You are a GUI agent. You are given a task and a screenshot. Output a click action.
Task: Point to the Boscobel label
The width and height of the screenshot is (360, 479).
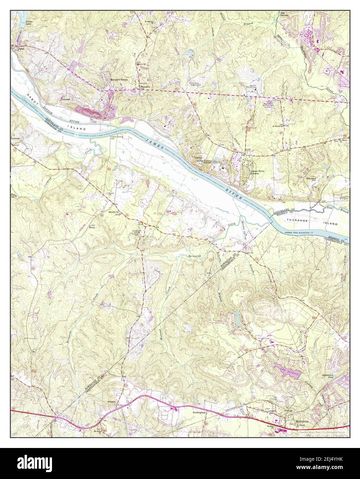pos(65,99)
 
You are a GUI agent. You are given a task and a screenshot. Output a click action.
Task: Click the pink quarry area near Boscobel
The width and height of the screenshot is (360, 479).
pos(93,110)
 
